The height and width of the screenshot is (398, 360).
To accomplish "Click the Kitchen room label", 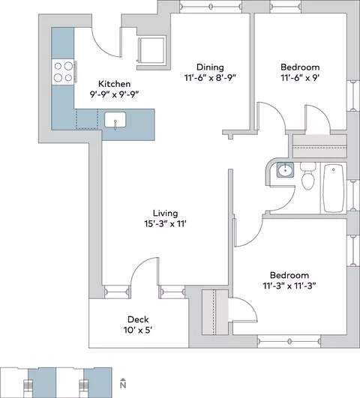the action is [114, 84].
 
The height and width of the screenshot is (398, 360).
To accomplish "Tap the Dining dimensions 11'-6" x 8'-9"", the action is [210, 78].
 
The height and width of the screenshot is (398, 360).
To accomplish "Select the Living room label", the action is [166, 213].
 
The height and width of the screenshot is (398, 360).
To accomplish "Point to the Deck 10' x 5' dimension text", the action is [138, 330].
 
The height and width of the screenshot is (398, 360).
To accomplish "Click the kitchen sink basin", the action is [115, 120].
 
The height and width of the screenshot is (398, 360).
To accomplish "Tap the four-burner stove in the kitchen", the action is [63, 72].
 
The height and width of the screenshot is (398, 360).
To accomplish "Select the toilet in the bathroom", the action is [307, 176].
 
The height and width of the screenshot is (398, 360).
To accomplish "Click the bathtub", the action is [334, 188].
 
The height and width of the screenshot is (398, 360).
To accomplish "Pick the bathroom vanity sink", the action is [285, 170].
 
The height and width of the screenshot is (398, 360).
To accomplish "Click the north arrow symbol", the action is [123, 383].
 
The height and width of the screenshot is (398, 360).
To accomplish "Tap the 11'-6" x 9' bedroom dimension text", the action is [300, 78].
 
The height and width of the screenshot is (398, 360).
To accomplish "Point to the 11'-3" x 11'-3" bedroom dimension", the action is [289, 286].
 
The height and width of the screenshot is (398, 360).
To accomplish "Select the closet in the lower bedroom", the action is [215, 312].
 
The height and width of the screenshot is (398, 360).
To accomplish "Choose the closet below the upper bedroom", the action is [319, 146].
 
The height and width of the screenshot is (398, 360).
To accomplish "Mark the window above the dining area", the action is [211, 6].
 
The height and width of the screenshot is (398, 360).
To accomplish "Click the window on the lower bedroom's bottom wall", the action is [289, 341].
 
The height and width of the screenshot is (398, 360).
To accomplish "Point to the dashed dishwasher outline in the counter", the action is [87, 119].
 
